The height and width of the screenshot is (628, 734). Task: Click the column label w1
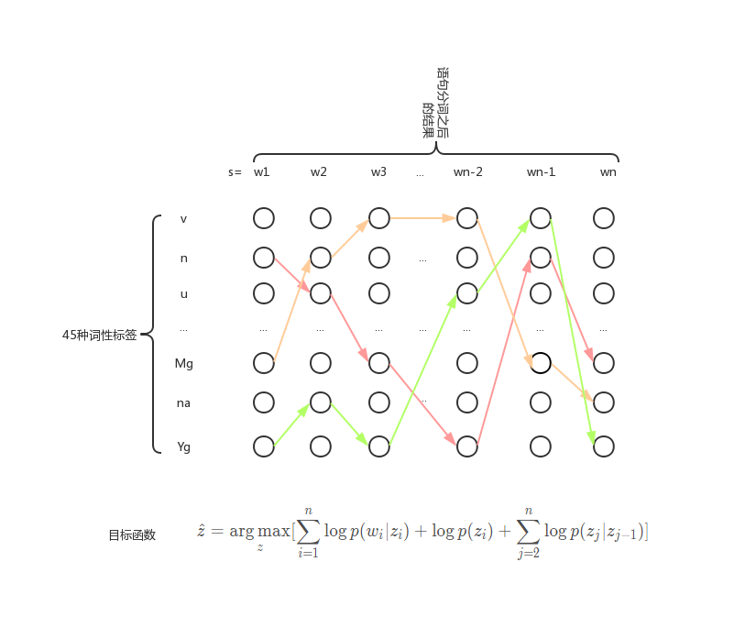click(262, 171)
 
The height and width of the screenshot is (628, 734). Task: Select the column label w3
click(378, 171)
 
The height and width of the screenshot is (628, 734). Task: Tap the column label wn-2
click(467, 171)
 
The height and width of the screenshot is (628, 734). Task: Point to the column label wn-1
click(541, 171)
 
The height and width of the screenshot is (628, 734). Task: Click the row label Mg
click(183, 364)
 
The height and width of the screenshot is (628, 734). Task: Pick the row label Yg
click(183, 447)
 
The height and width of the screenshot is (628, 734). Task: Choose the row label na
click(183, 402)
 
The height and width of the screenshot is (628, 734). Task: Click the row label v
click(183, 219)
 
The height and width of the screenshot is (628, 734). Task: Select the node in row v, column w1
click(264, 218)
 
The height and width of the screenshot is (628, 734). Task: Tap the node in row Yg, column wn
click(603, 446)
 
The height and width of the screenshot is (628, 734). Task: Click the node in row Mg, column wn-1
click(541, 363)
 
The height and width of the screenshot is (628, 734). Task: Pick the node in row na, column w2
click(320, 402)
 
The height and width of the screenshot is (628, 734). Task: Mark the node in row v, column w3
click(379, 218)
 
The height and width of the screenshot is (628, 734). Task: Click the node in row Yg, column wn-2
click(467, 446)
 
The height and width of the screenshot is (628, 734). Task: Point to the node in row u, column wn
click(603, 293)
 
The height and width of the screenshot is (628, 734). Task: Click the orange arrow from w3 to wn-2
click(422, 218)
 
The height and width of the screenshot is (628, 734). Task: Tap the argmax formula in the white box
click(422, 532)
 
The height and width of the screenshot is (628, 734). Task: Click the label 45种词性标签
click(99, 336)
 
